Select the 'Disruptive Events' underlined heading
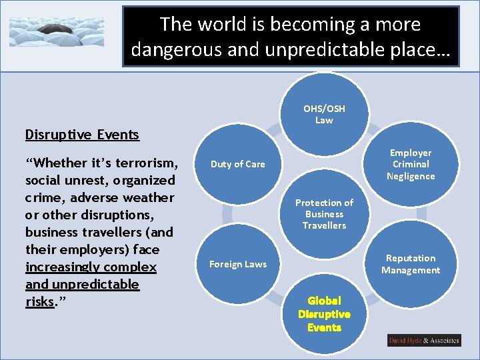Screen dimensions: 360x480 pyautogui.click(x=82, y=135)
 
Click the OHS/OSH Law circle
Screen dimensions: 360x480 pyautogui.click(x=324, y=114)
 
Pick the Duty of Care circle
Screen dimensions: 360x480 pyautogui.click(x=237, y=164)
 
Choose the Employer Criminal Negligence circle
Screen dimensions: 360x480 pyautogui.click(x=411, y=164)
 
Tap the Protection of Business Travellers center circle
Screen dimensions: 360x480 pyautogui.click(x=324, y=214)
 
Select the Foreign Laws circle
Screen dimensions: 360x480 pyautogui.click(x=237, y=264)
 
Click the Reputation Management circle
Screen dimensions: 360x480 pyautogui.click(x=411, y=264)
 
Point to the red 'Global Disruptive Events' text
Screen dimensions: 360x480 pyautogui.click(x=324, y=314)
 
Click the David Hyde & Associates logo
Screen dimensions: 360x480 pyautogui.click(x=424, y=341)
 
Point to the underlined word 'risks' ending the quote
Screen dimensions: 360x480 pyautogui.click(x=39, y=302)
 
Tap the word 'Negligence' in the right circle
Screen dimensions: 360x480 pyautogui.click(x=411, y=176)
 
